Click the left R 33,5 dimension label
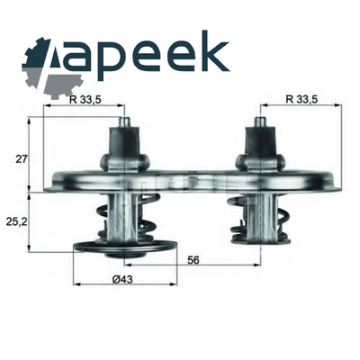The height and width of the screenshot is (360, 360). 84,99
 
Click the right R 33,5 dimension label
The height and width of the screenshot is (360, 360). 301,99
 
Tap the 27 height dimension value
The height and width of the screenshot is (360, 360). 22,158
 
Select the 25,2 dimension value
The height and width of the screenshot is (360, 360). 15,221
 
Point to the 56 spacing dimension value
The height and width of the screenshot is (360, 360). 193,260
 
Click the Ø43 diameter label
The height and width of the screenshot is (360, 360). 122,280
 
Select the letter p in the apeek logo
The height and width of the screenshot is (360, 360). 112,61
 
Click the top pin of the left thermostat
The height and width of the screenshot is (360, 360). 124,122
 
